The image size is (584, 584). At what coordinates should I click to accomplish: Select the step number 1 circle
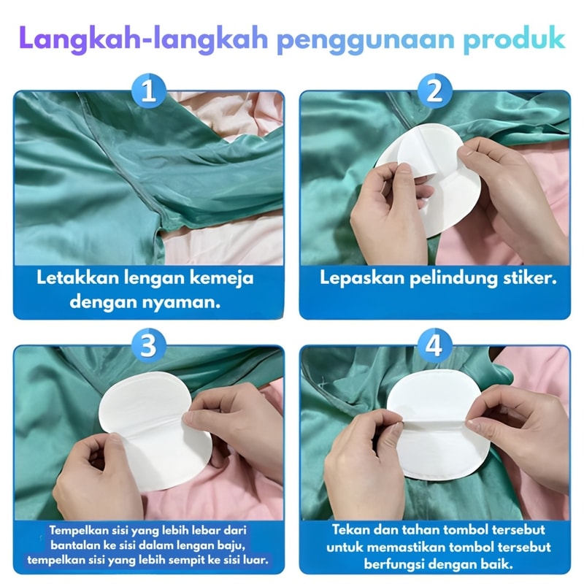pyautogui.click(x=149, y=91)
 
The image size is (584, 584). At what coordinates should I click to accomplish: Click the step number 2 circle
pyautogui.click(x=434, y=91)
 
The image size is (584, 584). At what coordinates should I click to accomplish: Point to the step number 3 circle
pyautogui.click(x=149, y=345)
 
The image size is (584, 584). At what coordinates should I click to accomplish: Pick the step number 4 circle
pyautogui.click(x=434, y=345)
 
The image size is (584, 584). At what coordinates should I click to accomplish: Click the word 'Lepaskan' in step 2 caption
pyautogui.click(x=362, y=279)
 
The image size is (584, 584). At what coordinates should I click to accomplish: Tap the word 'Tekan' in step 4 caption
pyautogui.click(x=350, y=530)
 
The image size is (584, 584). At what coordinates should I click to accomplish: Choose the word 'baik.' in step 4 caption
pyautogui.click(x=498, y=564)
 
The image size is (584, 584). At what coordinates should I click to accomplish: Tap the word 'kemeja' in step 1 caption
pyautogui.click(x=226, y=279)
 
